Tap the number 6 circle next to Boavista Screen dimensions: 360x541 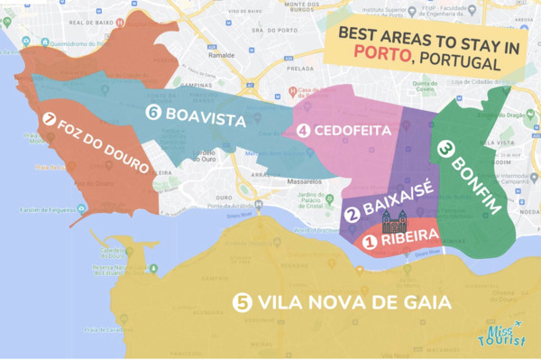click(x=152, y=113)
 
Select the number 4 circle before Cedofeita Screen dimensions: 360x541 click(x=303, y=131)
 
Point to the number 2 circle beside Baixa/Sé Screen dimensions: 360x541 click(x=353, y=214)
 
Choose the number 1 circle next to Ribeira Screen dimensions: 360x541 click(x=370, y=241)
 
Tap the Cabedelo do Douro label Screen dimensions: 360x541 click(x=107, y=254)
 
